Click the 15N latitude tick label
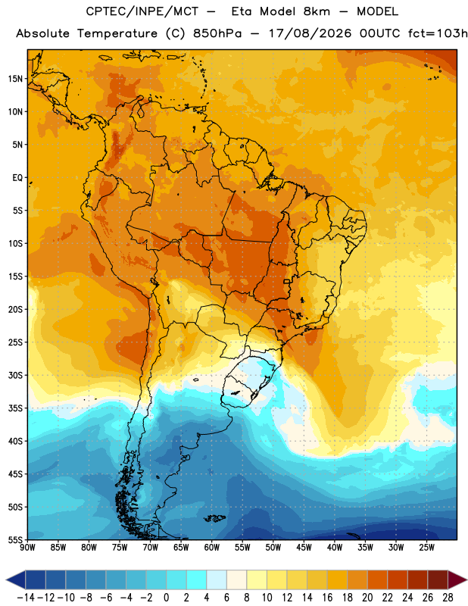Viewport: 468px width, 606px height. tap(15, 79)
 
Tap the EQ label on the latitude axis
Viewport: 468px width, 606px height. tap(17, 178)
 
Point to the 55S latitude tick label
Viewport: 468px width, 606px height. tap(15, 539)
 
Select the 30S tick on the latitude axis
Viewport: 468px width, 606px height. tap(15, 375)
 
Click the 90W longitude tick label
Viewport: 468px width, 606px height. tap(27, 548)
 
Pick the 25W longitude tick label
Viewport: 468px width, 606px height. tap(426, 548)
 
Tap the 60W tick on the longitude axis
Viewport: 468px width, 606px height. tap(212, 548)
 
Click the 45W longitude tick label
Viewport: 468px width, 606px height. tap(304, 548)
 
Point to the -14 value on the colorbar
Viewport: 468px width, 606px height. tap(26, 598)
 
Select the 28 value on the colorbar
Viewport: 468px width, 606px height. tap(448, 598)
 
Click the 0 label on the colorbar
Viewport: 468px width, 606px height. tap(166, 598)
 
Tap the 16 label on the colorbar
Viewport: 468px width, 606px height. tap(327, 598)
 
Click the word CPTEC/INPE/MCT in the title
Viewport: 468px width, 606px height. tap(142, 11)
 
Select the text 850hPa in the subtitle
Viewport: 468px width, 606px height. tap(217, 33)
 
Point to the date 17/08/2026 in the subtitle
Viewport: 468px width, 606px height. tap(310, 33)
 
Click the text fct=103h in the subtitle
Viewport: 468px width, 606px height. tap(438, 33)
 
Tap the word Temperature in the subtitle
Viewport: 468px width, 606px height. tap(117, 33)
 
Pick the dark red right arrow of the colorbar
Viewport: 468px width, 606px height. tap(457, 579)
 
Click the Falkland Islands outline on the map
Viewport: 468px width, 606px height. tap(214, 518)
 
